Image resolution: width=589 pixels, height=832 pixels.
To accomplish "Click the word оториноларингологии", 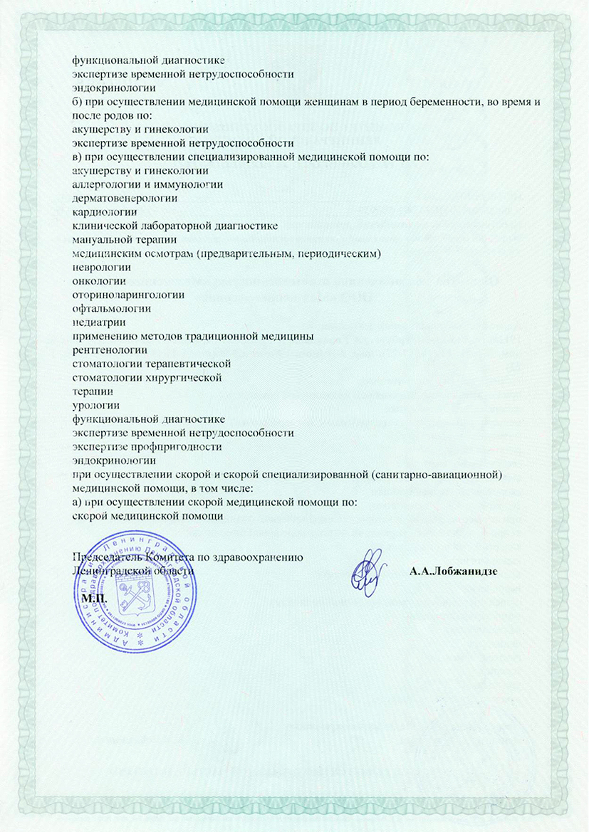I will [x=129, y=294].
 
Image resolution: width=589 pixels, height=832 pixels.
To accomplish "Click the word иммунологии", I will [x=186, y=184].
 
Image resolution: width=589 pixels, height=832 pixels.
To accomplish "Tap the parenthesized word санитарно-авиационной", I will [x=438, y=474].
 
